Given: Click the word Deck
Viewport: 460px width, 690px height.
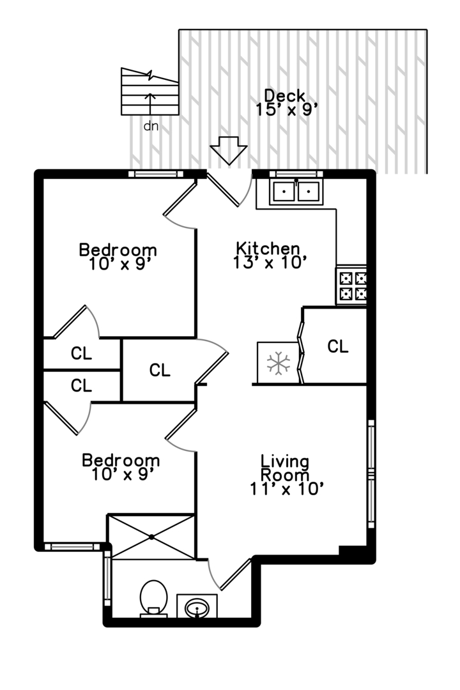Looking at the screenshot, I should (x=285, y=95).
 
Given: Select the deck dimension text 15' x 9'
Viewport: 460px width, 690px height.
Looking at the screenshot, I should (x=286, y=109).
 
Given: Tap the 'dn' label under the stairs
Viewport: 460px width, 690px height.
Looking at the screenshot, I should (x=151, y=126).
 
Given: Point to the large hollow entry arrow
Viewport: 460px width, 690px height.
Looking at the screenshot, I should (x=228, y=151).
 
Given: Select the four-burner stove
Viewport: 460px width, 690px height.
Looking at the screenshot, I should (x=352, y=286).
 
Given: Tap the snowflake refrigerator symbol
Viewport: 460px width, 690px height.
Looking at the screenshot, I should (x=278, y=363).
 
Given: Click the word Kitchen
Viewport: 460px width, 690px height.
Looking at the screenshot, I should (x=268, y=248).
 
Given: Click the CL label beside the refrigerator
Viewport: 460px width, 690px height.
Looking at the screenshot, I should (x=338, y=346).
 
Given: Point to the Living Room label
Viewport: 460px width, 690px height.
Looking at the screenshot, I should (x=285, y=468).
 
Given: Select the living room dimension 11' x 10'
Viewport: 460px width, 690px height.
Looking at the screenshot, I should (x=288, y=489).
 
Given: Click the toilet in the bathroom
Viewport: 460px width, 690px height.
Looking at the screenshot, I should (x=153, y=597).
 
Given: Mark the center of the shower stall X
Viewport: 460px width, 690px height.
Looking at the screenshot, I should (x=151, y=537).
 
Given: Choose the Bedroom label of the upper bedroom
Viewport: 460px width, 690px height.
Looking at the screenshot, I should (x=118, y=249).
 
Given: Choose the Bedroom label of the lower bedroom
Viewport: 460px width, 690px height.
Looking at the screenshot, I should (x=121, y=460).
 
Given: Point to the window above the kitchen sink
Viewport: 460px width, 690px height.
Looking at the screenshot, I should (x=295, y=174).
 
